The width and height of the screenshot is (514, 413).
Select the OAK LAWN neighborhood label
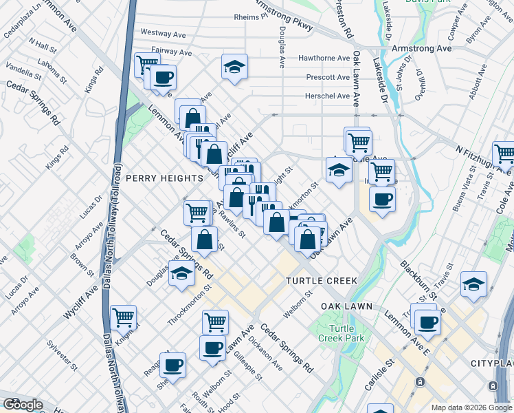346,306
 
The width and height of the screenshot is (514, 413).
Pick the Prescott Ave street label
328,77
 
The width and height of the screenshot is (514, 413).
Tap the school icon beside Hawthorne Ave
234,67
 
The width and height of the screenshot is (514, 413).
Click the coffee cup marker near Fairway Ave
164,77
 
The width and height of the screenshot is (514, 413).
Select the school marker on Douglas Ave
181,275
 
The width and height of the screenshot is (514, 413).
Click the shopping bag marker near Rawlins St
204,240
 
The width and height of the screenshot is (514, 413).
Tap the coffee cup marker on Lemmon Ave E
427,321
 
